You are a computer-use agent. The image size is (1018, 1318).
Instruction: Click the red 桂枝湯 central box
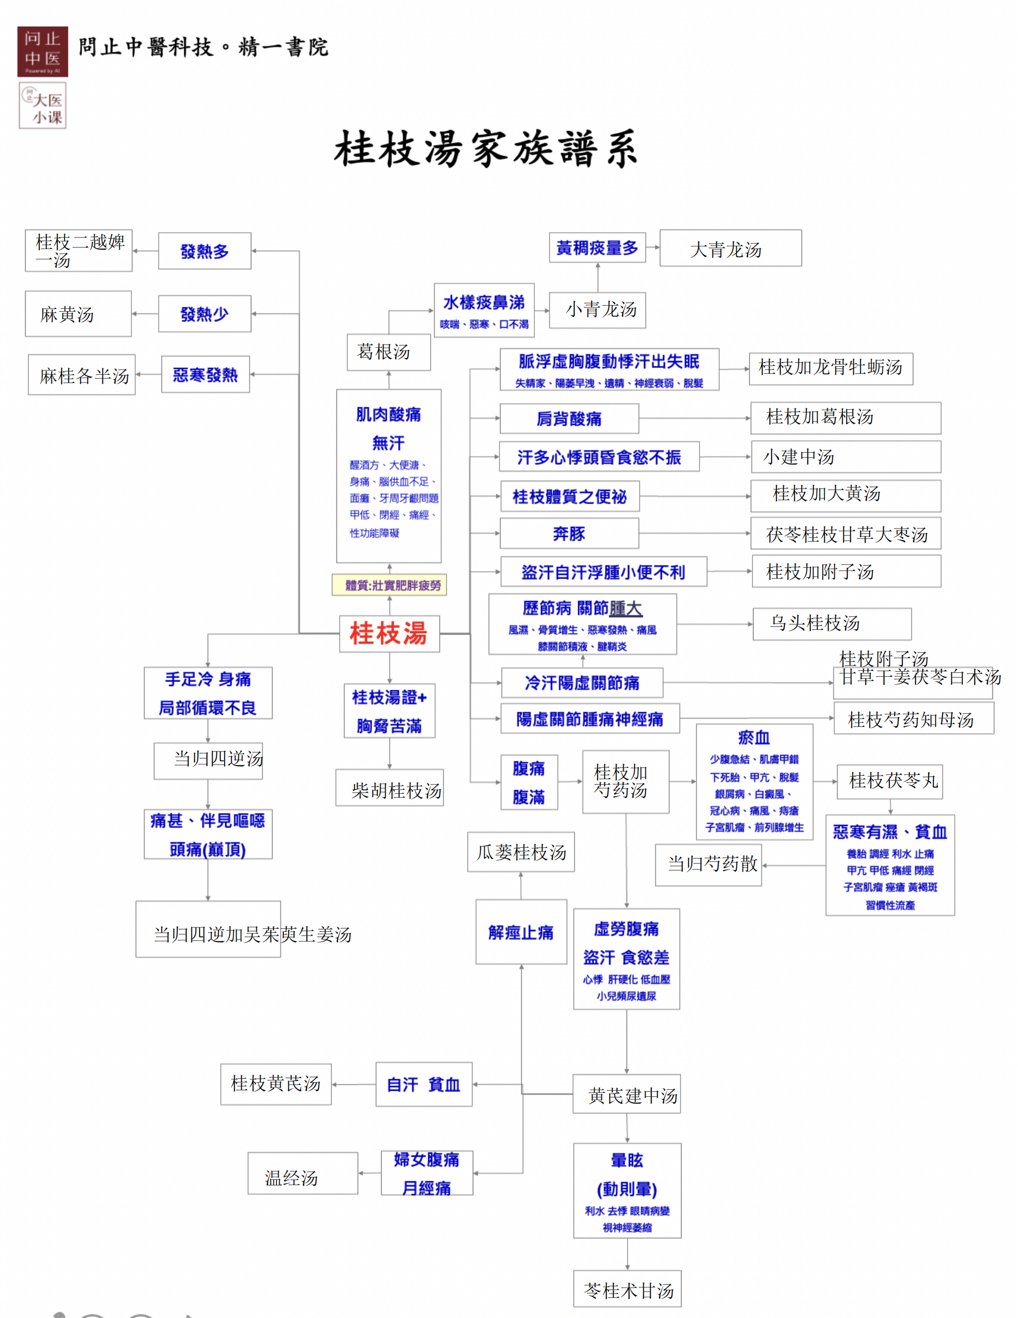click(389, 634)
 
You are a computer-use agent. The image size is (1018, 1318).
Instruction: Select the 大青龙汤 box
click(731, 248)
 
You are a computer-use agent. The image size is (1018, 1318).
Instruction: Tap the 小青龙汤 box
click(598, 310)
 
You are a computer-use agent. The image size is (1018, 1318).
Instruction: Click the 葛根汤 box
click(389, 353)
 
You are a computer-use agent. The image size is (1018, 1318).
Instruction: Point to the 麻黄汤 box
click(79, 314)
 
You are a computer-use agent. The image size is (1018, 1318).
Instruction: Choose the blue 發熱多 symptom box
click(204, 251)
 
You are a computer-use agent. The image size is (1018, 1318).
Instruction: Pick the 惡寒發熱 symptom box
click(206, 375)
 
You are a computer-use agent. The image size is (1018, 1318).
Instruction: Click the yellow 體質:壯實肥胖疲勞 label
click(389, 585)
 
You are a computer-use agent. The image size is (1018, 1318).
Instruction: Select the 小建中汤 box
click(846, 457)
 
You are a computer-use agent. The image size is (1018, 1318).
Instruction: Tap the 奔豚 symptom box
click(569, 534)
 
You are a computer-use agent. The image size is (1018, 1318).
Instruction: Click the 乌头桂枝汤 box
click(832, 624)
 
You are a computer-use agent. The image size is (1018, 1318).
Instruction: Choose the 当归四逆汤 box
click(208, 761)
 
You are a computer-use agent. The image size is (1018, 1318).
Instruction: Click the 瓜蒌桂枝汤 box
click(521, 852)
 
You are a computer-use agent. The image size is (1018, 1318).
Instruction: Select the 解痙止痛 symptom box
click(521, 932)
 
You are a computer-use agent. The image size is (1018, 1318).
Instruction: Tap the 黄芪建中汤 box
click(627, 1094)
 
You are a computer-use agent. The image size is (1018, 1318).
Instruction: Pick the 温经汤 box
click(303, 1173)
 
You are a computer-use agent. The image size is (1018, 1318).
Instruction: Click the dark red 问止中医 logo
click(43, 52)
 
